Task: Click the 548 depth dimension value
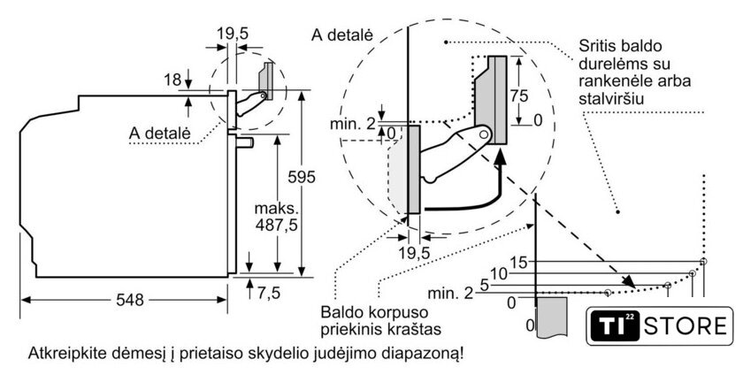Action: coord(129,300)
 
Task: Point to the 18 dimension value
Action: coord(172,80)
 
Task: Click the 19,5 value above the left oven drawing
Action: coord(232,34)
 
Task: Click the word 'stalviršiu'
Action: coord(611,99)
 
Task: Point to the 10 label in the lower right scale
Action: coord(500,274)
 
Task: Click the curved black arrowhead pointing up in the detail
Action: coord(501,158)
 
